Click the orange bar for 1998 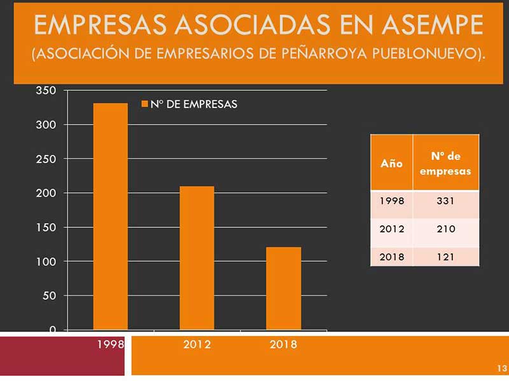point(110,216)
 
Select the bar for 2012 point(197,257)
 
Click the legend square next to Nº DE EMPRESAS point(144,104)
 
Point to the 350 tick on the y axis point(48,90)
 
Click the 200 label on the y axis point(48,193)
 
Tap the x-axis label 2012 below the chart point(197,345)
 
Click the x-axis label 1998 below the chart point(110,345)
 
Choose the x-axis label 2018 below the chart point(283,345)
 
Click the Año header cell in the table point(391,163)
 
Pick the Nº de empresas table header point(445,163)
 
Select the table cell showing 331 point(445,201)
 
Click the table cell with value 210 point(445,229)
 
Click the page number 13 point(501,368)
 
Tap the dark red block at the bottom point(64,356)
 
